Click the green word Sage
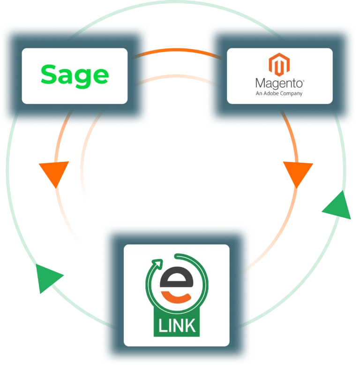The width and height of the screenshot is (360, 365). pyautogui.click(x=75, y=75)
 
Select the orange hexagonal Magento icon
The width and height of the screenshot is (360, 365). pyautogui.click(x=279, y=65)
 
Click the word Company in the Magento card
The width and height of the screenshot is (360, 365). pyautogui.click(x=292, y=93)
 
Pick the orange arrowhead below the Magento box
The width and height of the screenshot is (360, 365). pyautogui.click(x=297, y=173)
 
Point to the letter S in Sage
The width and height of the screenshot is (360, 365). pyautogui.click(x=48, y=75)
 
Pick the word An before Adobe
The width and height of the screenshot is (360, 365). pyautogui.click(x=259, y=93)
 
